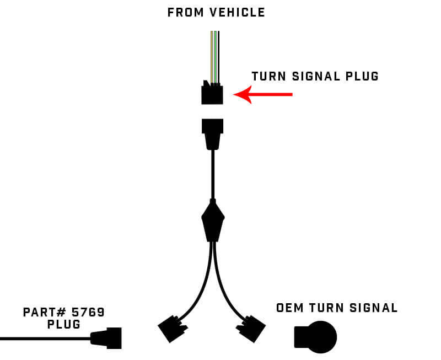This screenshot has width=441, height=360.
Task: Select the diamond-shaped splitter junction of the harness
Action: [213, 221]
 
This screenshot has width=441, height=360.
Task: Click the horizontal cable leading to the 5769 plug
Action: [44, 338]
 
